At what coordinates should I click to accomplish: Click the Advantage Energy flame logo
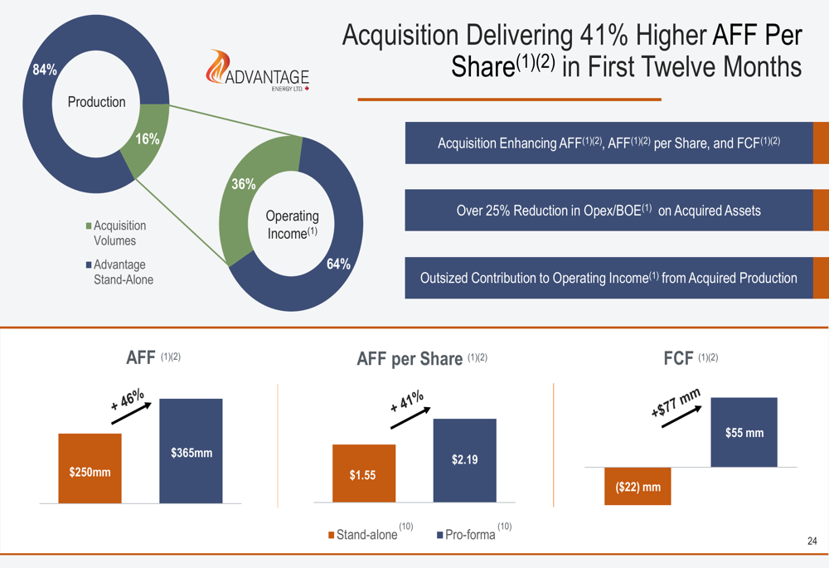(x=258, y=70)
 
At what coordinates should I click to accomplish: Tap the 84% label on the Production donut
(x=45, y=70)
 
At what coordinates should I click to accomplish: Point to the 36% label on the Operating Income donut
(x=243, y=184)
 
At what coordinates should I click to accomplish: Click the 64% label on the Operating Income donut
(x=338, y=264)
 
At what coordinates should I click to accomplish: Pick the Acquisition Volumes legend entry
(x=116, y=233)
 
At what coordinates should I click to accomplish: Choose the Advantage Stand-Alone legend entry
(x=119, y=272)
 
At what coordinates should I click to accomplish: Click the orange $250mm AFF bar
(x=90, y=468)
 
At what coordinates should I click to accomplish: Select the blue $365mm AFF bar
(x=191, y=451)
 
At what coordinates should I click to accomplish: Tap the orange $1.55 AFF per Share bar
(x=364, y=473)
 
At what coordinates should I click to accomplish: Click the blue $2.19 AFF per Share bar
(x=465, y=461)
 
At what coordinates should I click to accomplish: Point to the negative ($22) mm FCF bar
(x=638, y=486)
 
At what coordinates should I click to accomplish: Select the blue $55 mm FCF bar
(x=744, y=432)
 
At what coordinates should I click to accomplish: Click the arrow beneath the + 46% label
(x=132, y=413)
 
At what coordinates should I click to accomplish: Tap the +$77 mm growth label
(x=676, y=402)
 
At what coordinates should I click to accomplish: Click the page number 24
(x=812, y=541)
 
